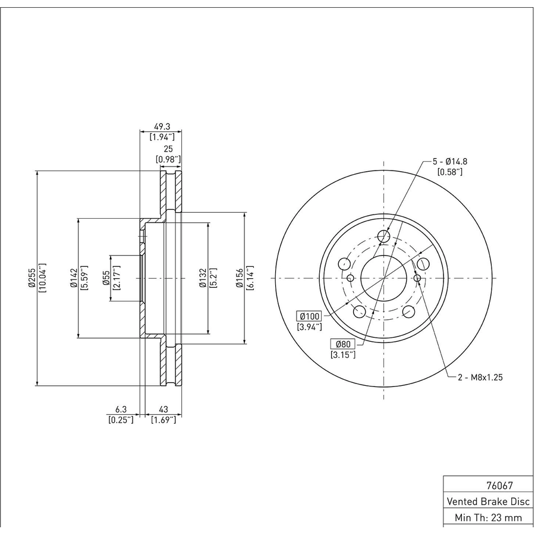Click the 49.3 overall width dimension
(x=162, y=127)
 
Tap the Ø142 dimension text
(x=74, y=278)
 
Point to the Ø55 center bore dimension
(x=106, y=278)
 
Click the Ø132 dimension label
(x=203, y=278)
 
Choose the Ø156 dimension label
(x=240, y=278)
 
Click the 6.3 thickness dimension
(x=121, y=409)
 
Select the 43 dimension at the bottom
(x=163, y=409)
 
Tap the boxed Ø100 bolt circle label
(x=309, y=316)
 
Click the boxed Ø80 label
(x=343, y=344)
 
